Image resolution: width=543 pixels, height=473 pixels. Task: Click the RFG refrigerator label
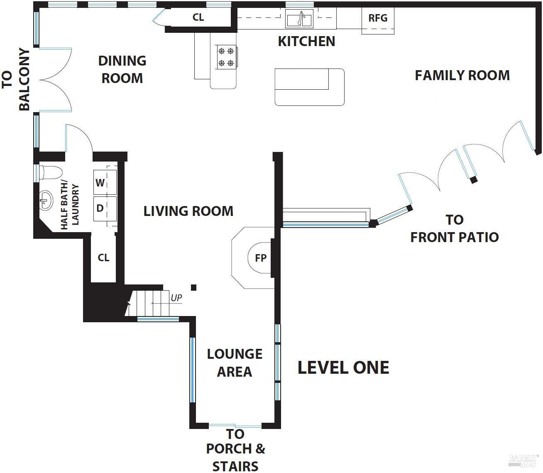[x=378, y=18]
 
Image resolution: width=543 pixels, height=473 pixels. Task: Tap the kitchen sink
[x=299, y=18]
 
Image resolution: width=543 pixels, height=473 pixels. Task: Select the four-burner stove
[x=226, y=57]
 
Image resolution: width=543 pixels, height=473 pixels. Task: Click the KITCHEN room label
[x=306, y=42]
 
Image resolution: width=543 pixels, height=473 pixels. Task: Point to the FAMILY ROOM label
[x=462, y=76]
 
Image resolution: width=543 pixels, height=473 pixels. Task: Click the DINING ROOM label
[x=122, y=69]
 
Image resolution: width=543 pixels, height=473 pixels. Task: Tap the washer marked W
[x=105, y=182]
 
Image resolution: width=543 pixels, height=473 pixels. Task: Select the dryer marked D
[x=105, y=208]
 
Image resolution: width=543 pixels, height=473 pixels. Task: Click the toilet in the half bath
[x=50, y=172]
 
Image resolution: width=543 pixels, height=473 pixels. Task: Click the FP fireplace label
[x=261, y=258]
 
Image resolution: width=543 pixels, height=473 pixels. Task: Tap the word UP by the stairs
[x=176, y=298]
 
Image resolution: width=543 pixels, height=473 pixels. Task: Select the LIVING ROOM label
[x=188, y=211]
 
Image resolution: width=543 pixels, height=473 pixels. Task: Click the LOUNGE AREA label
[x=235, y=363]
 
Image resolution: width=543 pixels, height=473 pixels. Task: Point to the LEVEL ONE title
[x=343, y=368]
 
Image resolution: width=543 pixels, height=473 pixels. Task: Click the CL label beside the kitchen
[x=198, y=17]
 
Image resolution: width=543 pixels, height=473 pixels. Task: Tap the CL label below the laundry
[x=103, y=257]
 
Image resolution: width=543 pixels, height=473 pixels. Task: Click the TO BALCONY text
[x=16, y=79]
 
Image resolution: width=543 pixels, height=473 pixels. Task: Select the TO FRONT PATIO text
[x=455, y=228]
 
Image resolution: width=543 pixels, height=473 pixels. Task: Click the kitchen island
[x=309, y=87]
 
